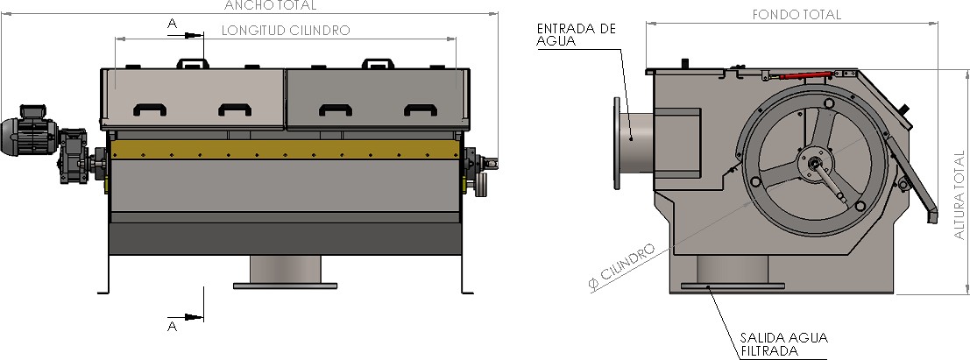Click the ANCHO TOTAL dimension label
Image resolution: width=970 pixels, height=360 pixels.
point(270,5)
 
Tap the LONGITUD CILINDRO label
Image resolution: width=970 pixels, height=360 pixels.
point(286,31)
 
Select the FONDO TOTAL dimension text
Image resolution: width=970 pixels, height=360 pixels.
point(797,15)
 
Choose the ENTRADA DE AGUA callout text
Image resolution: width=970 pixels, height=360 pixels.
point(576,35)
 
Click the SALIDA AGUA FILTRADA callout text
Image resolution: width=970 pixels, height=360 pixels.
point(783,344)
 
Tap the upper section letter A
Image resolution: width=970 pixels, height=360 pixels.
point(173,24)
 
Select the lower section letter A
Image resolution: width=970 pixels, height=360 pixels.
point(173,326)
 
